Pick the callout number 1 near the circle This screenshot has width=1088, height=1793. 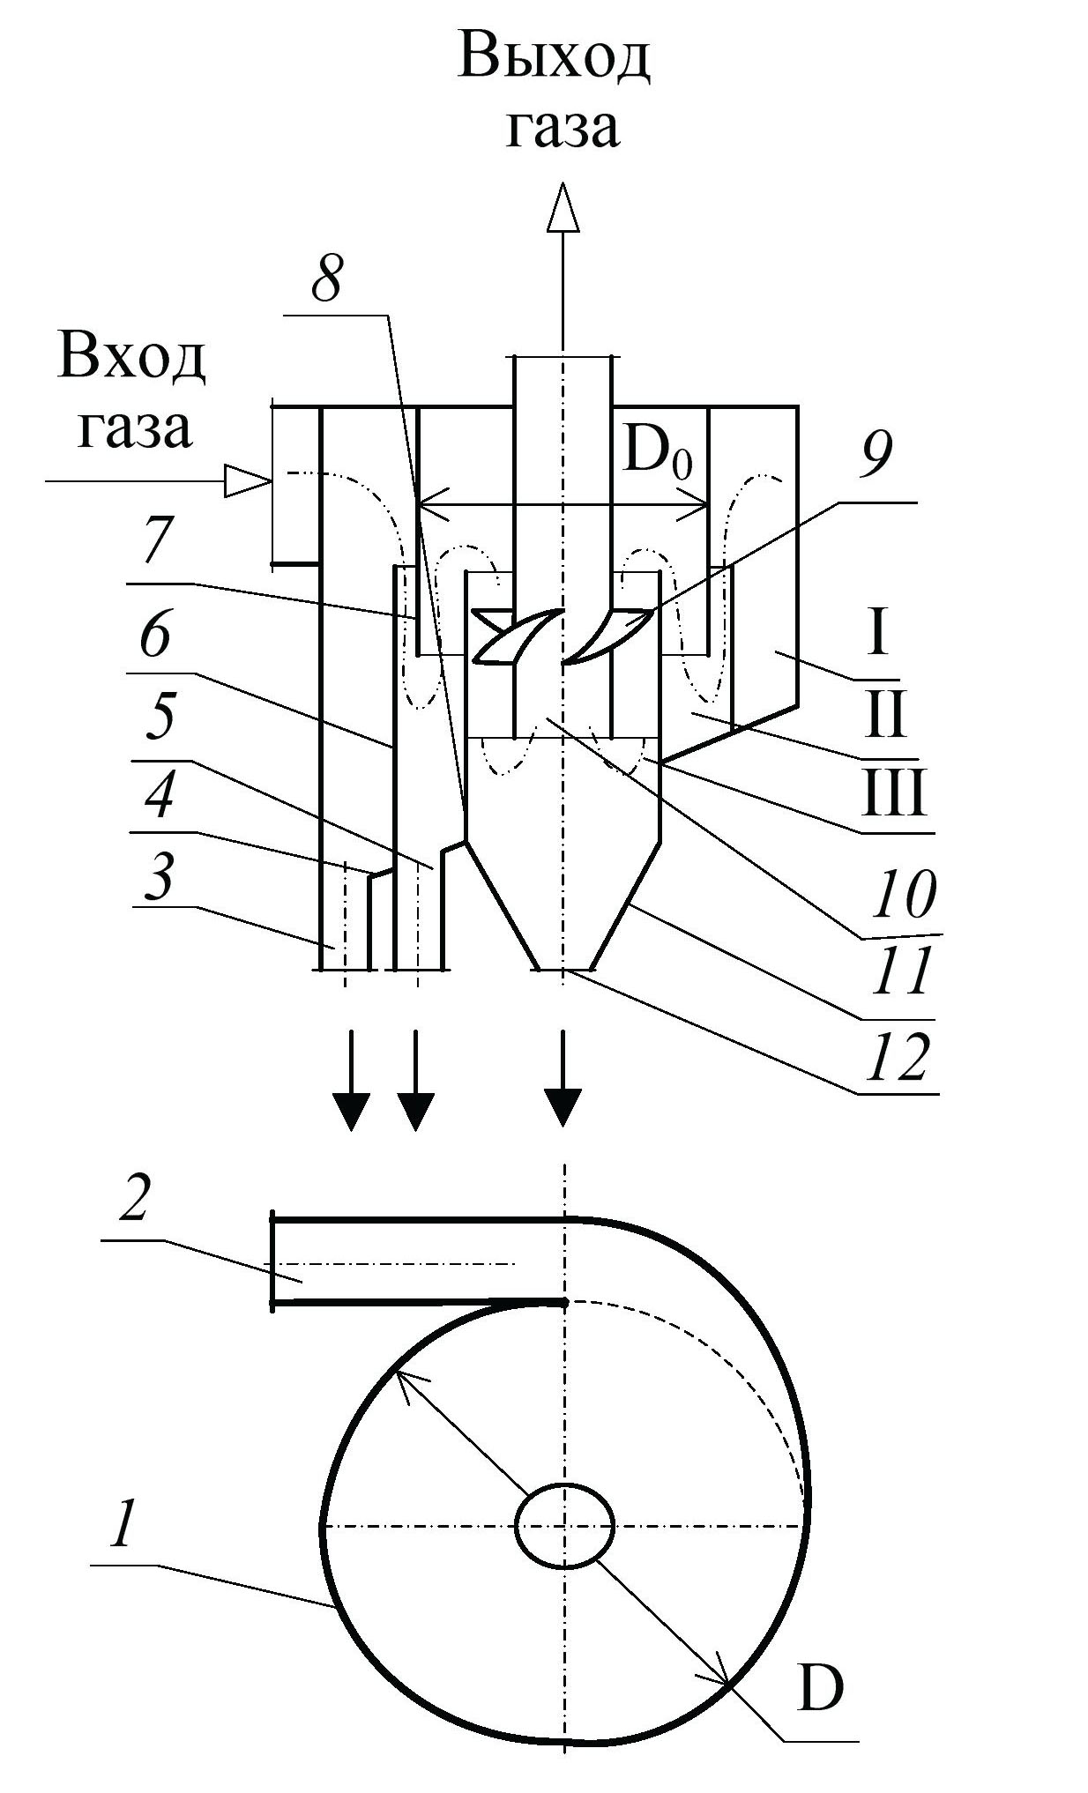click(123, 1527)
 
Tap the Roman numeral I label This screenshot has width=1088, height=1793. click(876, 633)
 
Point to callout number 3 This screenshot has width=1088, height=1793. click(160, 879)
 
